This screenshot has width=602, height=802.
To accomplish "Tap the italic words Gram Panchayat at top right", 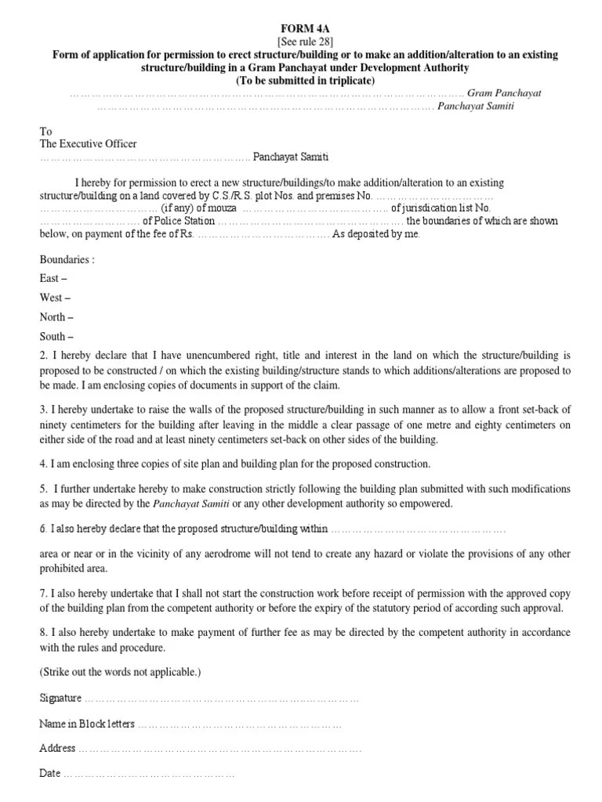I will [x=504, y=93].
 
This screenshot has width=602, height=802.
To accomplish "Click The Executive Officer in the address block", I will [x=88, y=144].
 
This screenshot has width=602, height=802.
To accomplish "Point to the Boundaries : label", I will [x=67, y=259].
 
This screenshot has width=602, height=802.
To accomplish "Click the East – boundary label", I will [x=53, y=279].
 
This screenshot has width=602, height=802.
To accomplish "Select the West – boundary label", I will [x=55, y=298].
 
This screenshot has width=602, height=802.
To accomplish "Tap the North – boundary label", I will [x=56, y=318].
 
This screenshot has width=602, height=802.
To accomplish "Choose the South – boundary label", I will [x=56, y=338].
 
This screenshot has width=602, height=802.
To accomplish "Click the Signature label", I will [x=60, y=697].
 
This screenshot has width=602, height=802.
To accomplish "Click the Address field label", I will [x=57, y=748].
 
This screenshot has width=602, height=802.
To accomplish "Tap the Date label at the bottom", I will [x=49, y=773].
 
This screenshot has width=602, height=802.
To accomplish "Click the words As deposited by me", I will [x=377, y=234].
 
